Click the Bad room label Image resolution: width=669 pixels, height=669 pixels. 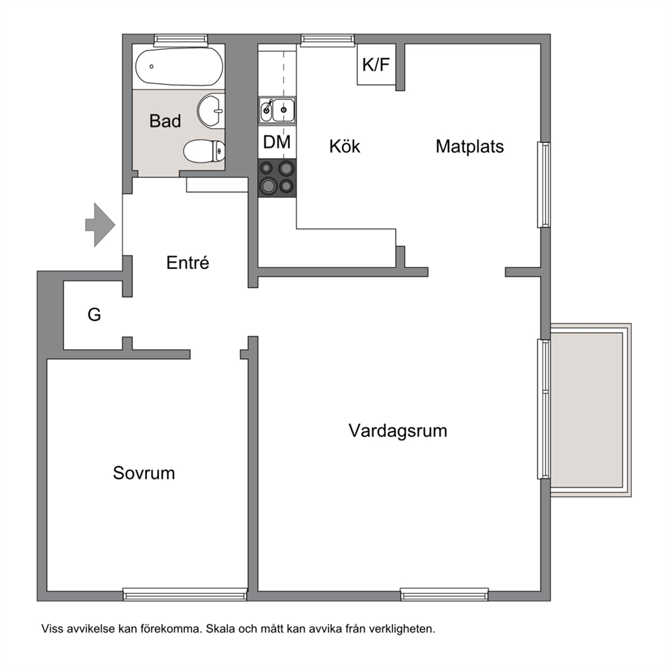pyautogui.click(x=165, y=121)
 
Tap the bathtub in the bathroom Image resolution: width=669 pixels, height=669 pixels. pyautogui.click(x=179, y=67)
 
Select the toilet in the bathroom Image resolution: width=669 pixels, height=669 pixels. pyautogui.click(x=204, y=151)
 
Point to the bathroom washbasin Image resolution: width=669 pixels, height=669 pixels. pyautogui.click(x=211, y=111)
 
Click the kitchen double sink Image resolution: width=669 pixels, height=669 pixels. pyautogui.click(x=277, y=111)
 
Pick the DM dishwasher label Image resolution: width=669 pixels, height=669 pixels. pyautogui.click(x=277, y=142)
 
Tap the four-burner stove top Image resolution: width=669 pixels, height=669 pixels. pyautogui.click(x=277, y=178)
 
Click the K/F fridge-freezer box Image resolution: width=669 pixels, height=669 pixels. pyautogui.click(x=376, y=65)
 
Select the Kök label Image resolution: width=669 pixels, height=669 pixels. pyautogui.click(x=345, y=146)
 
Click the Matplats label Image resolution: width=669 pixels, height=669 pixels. pyautogui.click(x=470, y=146)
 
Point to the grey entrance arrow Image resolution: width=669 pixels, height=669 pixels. pyautogui.click(x=100, y=225)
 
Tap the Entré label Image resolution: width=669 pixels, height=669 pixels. pyautogui.click(x=187, y=262)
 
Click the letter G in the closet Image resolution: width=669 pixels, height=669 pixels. pyautogui.click(x=94, y=315)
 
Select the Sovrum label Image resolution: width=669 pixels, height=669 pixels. pyautogui.click(x=144, y=473)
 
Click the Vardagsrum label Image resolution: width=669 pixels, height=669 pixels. pyautogui.click(x=398, y=431)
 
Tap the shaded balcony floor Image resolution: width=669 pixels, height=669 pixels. pyautogui.click(x=587, y=410)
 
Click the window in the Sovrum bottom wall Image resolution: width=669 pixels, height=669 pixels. pyautogui.click(x=185, y=594)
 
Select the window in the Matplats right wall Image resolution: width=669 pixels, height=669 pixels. pyautogui.click(x=544, y=185)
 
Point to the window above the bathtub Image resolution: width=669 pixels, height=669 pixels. pyautogui.click(x=181, y=40)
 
